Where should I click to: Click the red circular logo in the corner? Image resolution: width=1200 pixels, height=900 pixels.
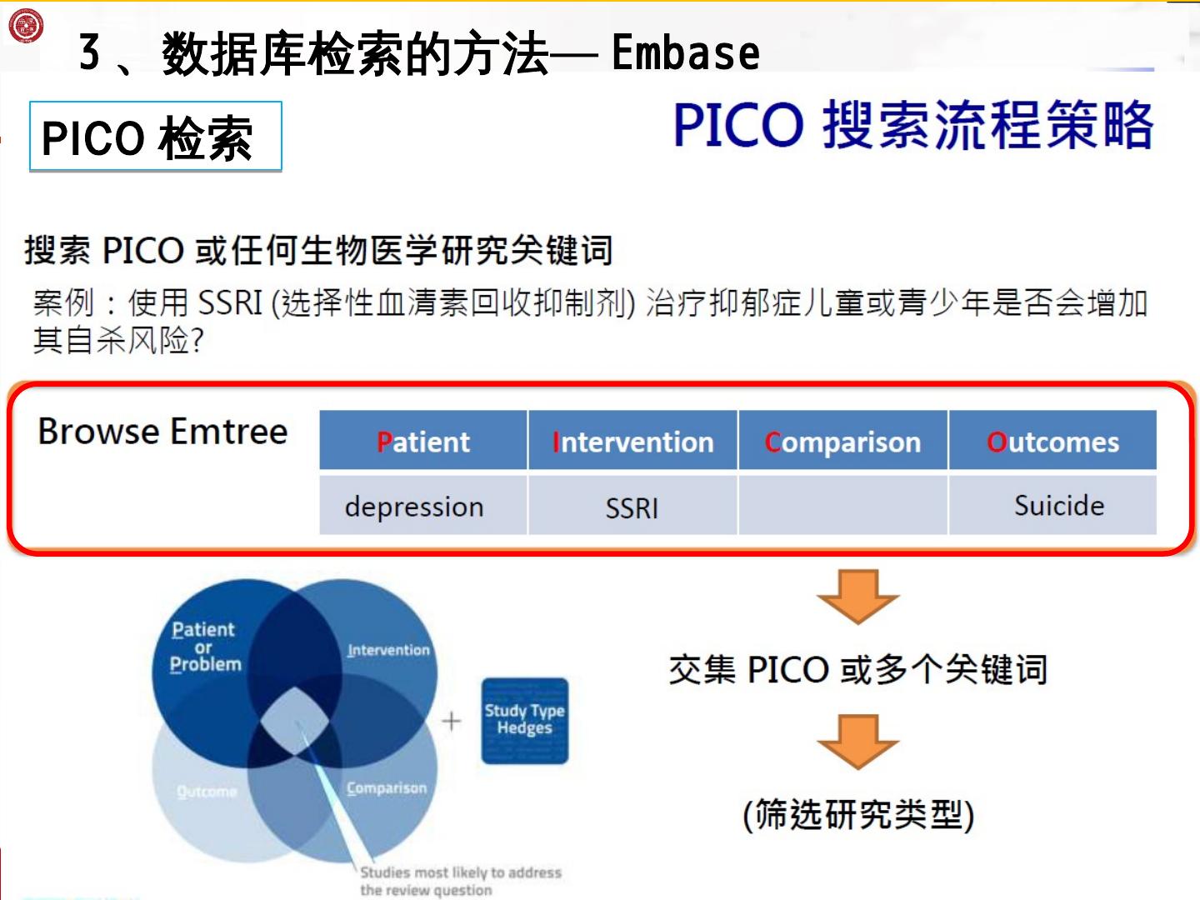pyautogui.click(x=25, y=25)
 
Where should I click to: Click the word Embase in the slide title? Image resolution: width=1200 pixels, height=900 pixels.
pyautogui.click(x=685, y=53)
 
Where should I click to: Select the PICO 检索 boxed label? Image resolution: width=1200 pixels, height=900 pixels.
pyautogui.click(x=156, y=137)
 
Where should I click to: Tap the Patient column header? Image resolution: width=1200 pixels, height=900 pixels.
pyautogui.click(x=423, y=442)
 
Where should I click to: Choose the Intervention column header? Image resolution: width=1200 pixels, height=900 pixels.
pyautogui.click(x=632, y=442)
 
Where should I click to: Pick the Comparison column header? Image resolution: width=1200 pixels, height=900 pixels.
pyautogui.click(x=842, y=442)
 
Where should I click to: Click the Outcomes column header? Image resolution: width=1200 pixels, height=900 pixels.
pyautogui.click(x=1052, y=442)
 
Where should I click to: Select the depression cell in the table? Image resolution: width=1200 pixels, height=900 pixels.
pyautogui.click(x=414, y=507)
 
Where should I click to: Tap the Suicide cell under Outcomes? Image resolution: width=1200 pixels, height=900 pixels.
pyautogui.click(x=1058, y=506)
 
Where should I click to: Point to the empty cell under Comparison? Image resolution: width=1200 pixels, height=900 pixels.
pyautogui.click(x=842, y=505)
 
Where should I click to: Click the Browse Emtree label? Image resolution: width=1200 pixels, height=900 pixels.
pyautogui.click(x=162, y=432)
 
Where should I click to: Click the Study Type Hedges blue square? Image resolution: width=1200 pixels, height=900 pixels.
pyautogui.click(x=525, y=720)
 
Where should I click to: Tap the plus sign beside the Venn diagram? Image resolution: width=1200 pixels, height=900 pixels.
pyautogui.click(x=451, y=721)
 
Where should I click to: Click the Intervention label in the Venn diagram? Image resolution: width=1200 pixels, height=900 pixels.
pyautogui.click(x=388, y=650)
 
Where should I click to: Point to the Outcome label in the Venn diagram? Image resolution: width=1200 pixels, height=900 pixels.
pyautogui.click(x=207, y=791)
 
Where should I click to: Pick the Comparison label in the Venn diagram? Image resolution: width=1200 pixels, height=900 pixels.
pyautogui.click(x=386, y=787)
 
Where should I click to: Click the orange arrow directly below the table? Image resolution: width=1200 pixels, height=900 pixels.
pyautogui.click(x=857, y=595)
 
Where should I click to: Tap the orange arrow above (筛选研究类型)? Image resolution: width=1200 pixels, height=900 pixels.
pyautogui.click(x=857, y=740)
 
